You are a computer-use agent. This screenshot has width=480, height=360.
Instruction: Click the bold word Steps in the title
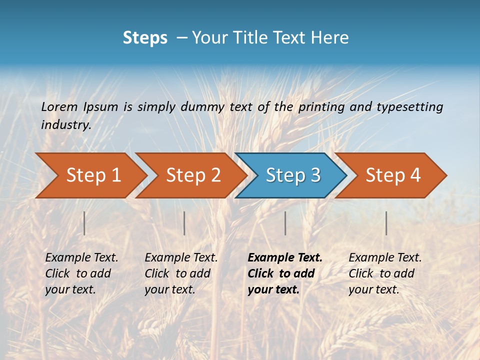(x=145, y=38)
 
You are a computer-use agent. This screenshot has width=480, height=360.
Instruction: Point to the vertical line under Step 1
(x=84, y=223)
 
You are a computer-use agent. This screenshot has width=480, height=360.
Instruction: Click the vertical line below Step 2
(x=184, y=223)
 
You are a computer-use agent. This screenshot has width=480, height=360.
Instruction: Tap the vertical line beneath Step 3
(x=285, y=223)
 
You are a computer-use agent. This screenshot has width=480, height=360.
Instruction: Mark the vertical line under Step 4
(x=386, y=223)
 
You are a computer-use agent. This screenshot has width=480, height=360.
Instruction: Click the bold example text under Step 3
(x=285, y=273)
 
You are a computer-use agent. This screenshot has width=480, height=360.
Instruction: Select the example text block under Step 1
(x=81, y=273)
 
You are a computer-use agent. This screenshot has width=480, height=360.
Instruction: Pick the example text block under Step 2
(x=181, y=273)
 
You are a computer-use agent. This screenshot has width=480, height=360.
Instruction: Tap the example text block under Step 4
(x=385, y=273)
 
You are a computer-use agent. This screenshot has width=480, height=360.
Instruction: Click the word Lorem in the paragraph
(x=59, y=107)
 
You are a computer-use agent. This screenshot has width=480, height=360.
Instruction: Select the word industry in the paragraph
(x=65, y=125)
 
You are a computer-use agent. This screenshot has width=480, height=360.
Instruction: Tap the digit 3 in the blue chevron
(x=314, y=175)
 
